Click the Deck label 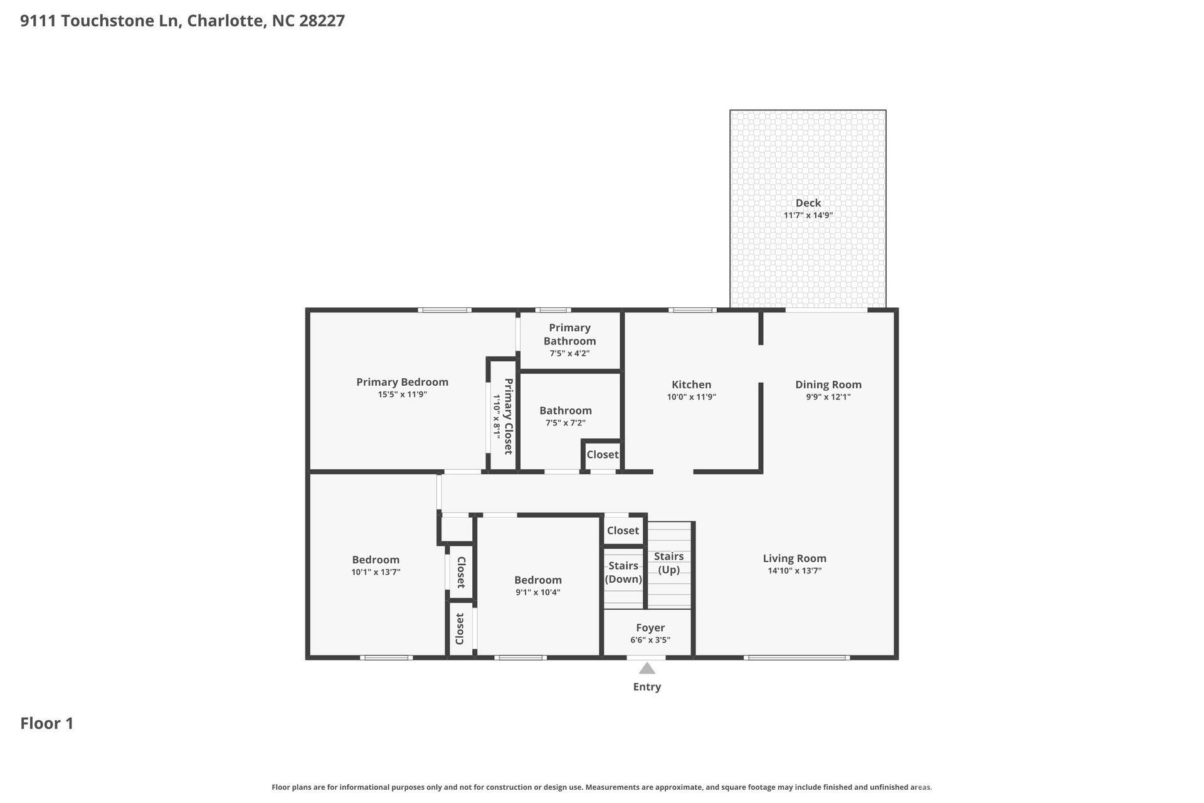(808, 203)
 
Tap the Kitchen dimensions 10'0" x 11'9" (691, 397)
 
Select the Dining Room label (828, 385)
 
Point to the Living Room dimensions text (794, 571)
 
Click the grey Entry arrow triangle (647, 668)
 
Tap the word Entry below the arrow (647, 687)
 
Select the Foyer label (650, 627)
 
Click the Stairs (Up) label (668, 563)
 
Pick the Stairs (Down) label (623, 572)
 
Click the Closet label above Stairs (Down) (623, 531)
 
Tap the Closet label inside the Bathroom (602, 454)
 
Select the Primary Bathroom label (569, 334)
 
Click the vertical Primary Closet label (508, 416)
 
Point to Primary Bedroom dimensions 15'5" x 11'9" (402, 395)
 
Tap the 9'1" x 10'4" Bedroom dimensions (537, 592)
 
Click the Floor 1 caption (47, 723)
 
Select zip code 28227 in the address (322, 21)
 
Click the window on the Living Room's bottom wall (796, 657)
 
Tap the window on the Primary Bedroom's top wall (445, 310)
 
